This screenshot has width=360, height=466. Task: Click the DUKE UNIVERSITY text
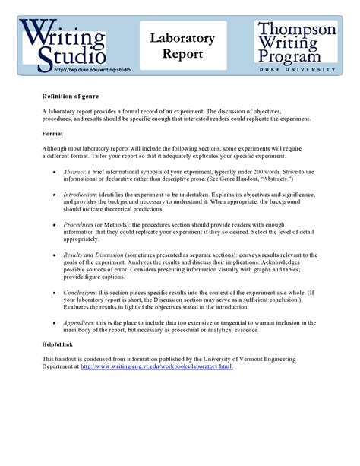coord(296,69)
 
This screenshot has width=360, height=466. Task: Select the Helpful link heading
coord(58,344)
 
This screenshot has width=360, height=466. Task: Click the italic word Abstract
coord(75,173)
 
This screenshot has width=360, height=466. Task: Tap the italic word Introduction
coord(81,195)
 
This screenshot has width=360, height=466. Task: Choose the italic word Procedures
coord(79,225)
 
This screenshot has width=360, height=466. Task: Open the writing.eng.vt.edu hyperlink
coord(156,366)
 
